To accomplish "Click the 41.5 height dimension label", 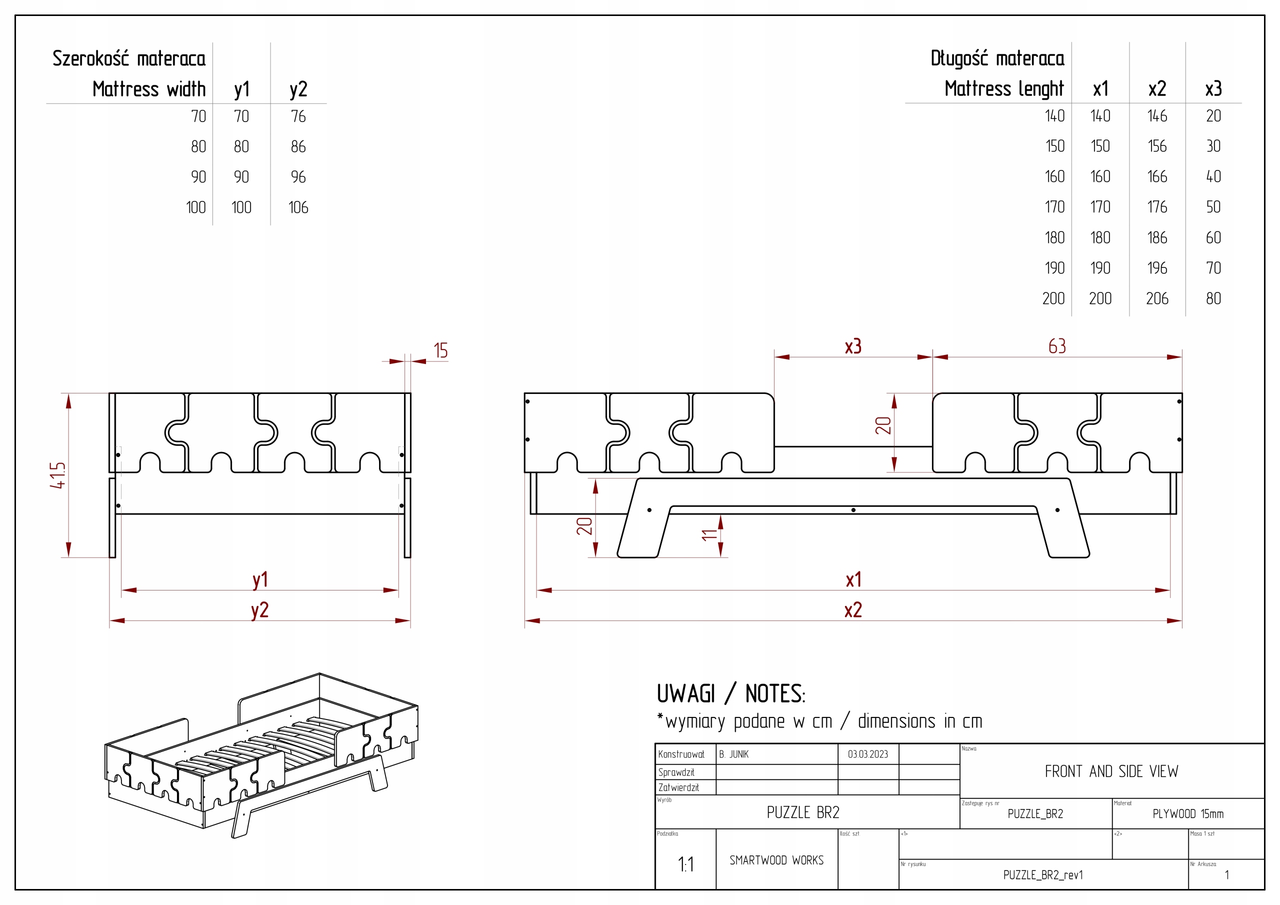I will click(x=58, y=475).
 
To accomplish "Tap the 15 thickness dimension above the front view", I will click(x=440, y=350).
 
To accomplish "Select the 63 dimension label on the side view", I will click(x=1057, y=346).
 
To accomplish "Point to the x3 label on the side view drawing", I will click(x=853, y=346).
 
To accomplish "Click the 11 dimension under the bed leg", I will click(x=708, y=535).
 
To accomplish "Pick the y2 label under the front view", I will click(x=260, y=610).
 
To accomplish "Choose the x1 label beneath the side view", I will click(x=853, y=580).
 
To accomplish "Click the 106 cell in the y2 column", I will click(x=298, y=207).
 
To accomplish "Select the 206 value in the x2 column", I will click(x=1157, y=299).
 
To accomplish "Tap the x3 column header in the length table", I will click(x=1213, y=88).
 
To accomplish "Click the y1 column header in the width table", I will click(x=241, y=89).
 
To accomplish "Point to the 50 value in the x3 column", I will click(x=1213, y=207).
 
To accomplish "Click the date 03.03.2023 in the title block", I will click(x=867, y=754).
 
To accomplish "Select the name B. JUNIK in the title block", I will click(x=733, y=754).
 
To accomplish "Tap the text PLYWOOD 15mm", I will click(x=1188, y=814).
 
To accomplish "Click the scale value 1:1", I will click(x=685, y=864).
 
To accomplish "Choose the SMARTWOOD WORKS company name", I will click(x=776, y=860).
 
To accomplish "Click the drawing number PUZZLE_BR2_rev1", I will click(x=1043, y=875).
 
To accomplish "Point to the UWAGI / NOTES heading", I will click(x=730, y=694).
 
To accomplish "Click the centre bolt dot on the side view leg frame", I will click(x=853, y=510).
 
